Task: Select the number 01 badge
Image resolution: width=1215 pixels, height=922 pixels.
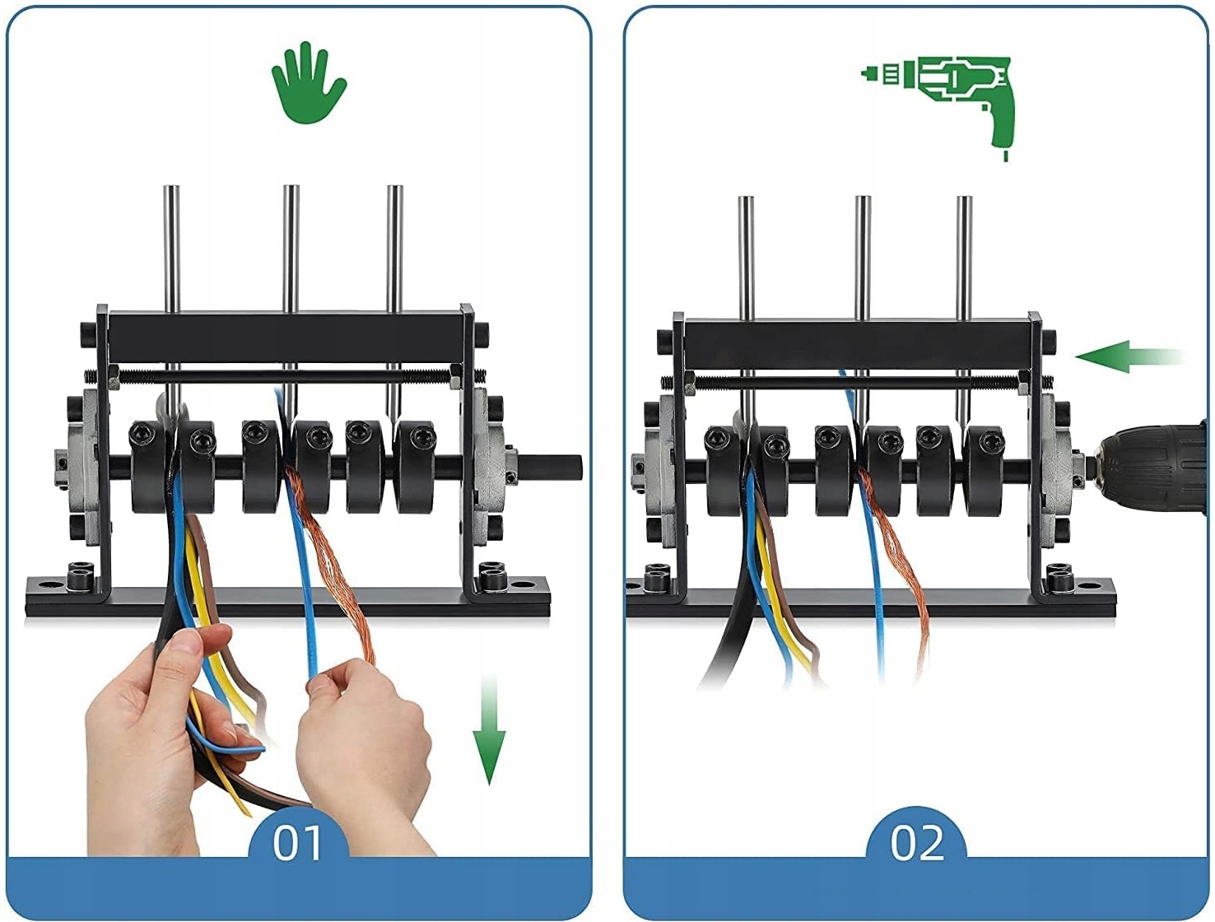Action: pyautogui.click(x=298, y=842)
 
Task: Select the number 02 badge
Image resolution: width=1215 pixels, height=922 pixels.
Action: pyautogui.click(x=916, y=842)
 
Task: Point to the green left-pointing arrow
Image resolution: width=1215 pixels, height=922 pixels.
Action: pyautogui.click(x=1128, y=357)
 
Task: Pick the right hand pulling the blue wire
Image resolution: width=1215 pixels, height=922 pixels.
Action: pyautogui.click(x=370, y=733)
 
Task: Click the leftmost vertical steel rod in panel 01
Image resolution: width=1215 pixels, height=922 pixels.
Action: pyautogui.click(x=171, y=247)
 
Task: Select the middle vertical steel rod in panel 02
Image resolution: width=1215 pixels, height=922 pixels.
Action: pyautogui.click(x=862, y=255)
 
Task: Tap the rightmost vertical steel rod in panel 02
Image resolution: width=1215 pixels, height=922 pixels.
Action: pyautogui.click(x=964, y=255)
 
